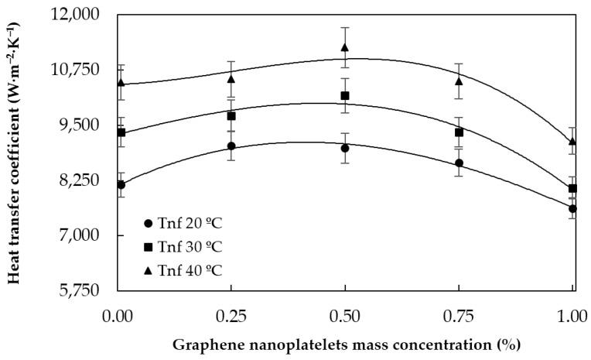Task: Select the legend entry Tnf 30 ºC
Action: pos(183,247)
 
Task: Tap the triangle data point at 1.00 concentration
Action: pos(572,142)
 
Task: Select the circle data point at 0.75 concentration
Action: pos(459,163)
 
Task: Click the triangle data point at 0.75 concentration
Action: pos(459,81)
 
